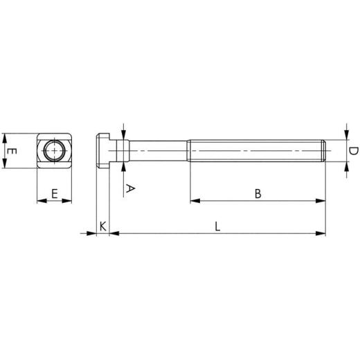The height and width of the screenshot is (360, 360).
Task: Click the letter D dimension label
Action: tap(352, 151)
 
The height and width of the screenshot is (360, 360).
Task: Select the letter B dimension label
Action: tap(258, 193)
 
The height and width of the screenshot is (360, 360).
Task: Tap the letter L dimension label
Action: tap(217, 226)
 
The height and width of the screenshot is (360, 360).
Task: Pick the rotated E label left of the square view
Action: tap(10, 150)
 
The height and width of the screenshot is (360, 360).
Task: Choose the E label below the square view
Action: tap(54, 194)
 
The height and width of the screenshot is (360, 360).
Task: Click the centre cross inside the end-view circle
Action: tap(54, 150)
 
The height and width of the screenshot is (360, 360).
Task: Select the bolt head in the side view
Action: tap(102, 150)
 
